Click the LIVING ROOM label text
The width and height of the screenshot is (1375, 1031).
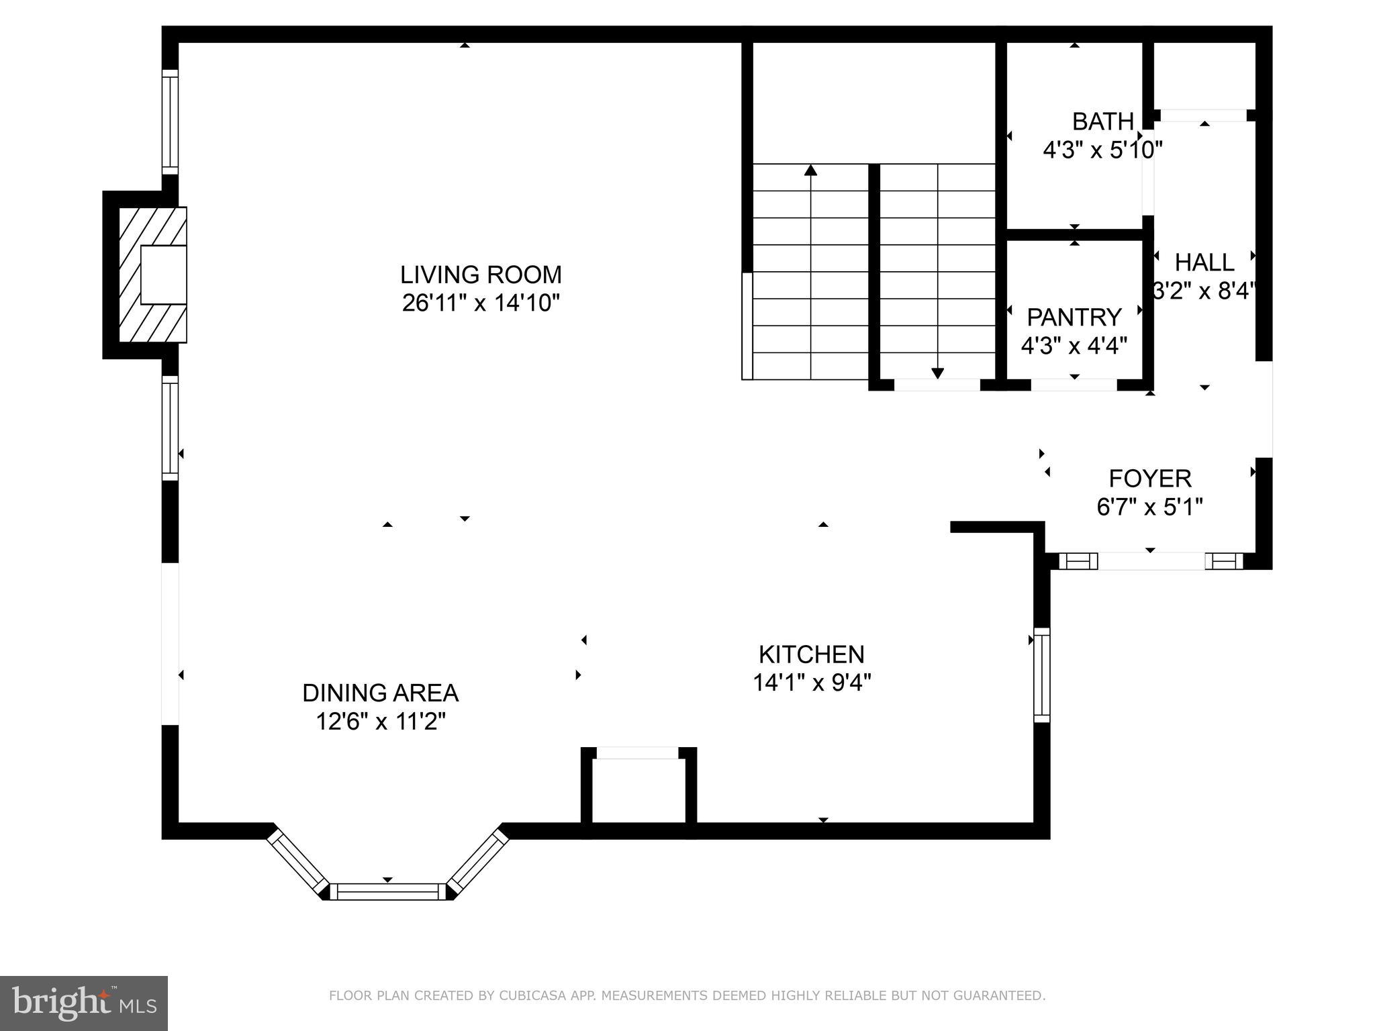[481, 275]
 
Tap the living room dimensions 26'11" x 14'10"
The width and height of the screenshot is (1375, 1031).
[481, 303]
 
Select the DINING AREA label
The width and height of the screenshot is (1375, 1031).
[380, 693]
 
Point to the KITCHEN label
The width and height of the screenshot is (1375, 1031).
[811, 654]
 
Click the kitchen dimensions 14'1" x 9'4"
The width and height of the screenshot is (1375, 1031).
[811, 683]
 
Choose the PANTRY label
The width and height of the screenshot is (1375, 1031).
[1074, 317]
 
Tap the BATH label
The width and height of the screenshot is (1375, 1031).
[1102, 121]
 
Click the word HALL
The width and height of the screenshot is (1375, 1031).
[1204, 262]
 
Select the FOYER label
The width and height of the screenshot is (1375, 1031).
[1149, 479]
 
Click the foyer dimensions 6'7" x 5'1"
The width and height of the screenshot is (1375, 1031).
[1149, 506]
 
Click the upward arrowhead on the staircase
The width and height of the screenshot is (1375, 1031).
[811, 170]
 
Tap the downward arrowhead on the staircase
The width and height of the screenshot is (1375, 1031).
[937, 373]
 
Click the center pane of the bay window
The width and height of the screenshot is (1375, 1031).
[387, 891]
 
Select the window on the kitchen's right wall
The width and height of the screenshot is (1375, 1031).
[1041, 675]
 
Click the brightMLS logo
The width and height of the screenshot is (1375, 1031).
[84, 1003]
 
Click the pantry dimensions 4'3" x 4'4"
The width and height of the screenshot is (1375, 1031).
[1074, 346]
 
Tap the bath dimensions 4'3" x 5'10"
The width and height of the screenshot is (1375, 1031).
[1102, 150]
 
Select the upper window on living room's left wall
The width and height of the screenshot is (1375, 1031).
[170, 121]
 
